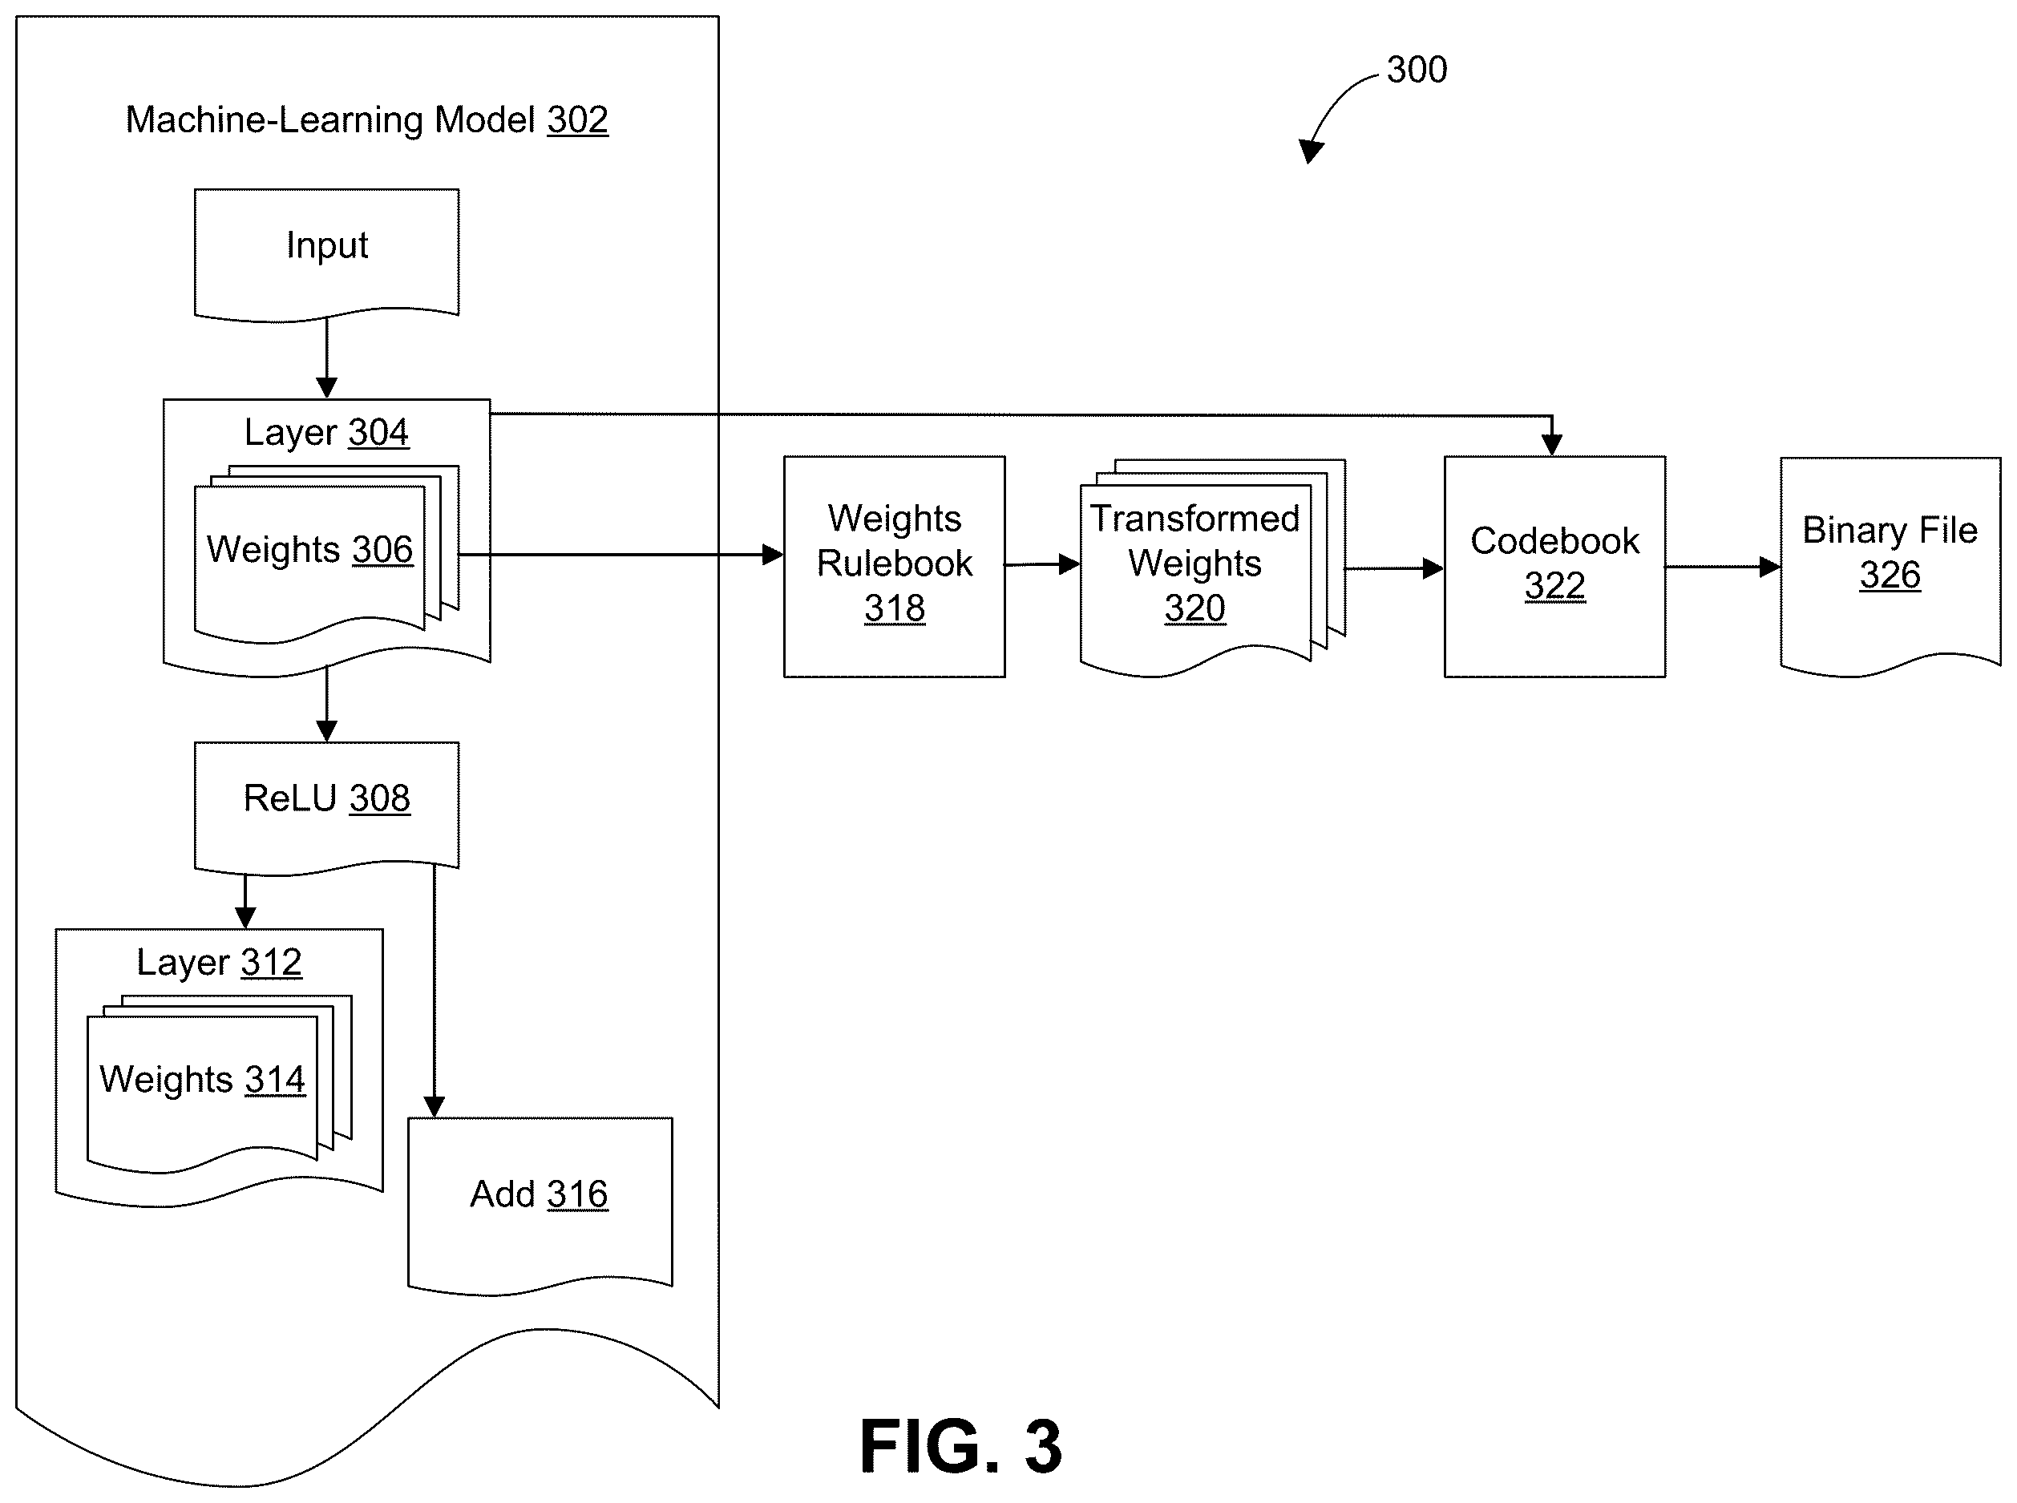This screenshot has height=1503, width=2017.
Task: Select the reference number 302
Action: pyautogui.click(x=577, y=120)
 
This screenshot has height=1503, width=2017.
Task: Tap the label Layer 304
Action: pyautogui.click(x=326, y=432)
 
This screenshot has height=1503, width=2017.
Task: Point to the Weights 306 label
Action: pyautogui.click(x=309, y=550)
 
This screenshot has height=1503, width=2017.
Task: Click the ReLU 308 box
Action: pyautogui.click(x=326, y=808)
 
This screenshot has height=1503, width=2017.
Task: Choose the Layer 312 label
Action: pyautogui.click(x=220, y=963)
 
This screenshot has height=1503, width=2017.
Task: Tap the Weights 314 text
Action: pyautogui.click(x=202, y=1080)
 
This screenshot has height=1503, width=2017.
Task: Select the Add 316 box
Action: pyautogui.click(x=540, y=1205)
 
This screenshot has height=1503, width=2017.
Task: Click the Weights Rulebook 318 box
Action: pyautogui.click(x=895, y=566)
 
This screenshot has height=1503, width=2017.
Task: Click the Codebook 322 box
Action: pyautogui.click(x=1554, y=566)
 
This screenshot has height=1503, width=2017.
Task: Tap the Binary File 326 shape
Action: pyautogui.click(x=1890, y=566)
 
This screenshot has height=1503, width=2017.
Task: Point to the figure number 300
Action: pyautogui.click(x=1417, y=70)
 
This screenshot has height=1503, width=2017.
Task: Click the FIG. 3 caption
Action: pyautogui.click(x=960, y=1447)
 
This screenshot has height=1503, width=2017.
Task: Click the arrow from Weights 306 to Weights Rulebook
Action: pyautogui.click(x=620, y=554)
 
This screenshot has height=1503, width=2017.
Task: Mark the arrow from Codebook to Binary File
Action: pyautogui.click(x=1723, y=567)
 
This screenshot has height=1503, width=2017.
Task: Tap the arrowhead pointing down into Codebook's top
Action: pyautogui.click(x=1552, y=444)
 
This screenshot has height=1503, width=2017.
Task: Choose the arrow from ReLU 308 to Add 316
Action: pyautogui.click(x=434, y=991)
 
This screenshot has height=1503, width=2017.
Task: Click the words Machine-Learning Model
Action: pyautogui.click(x=330, y=120)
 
